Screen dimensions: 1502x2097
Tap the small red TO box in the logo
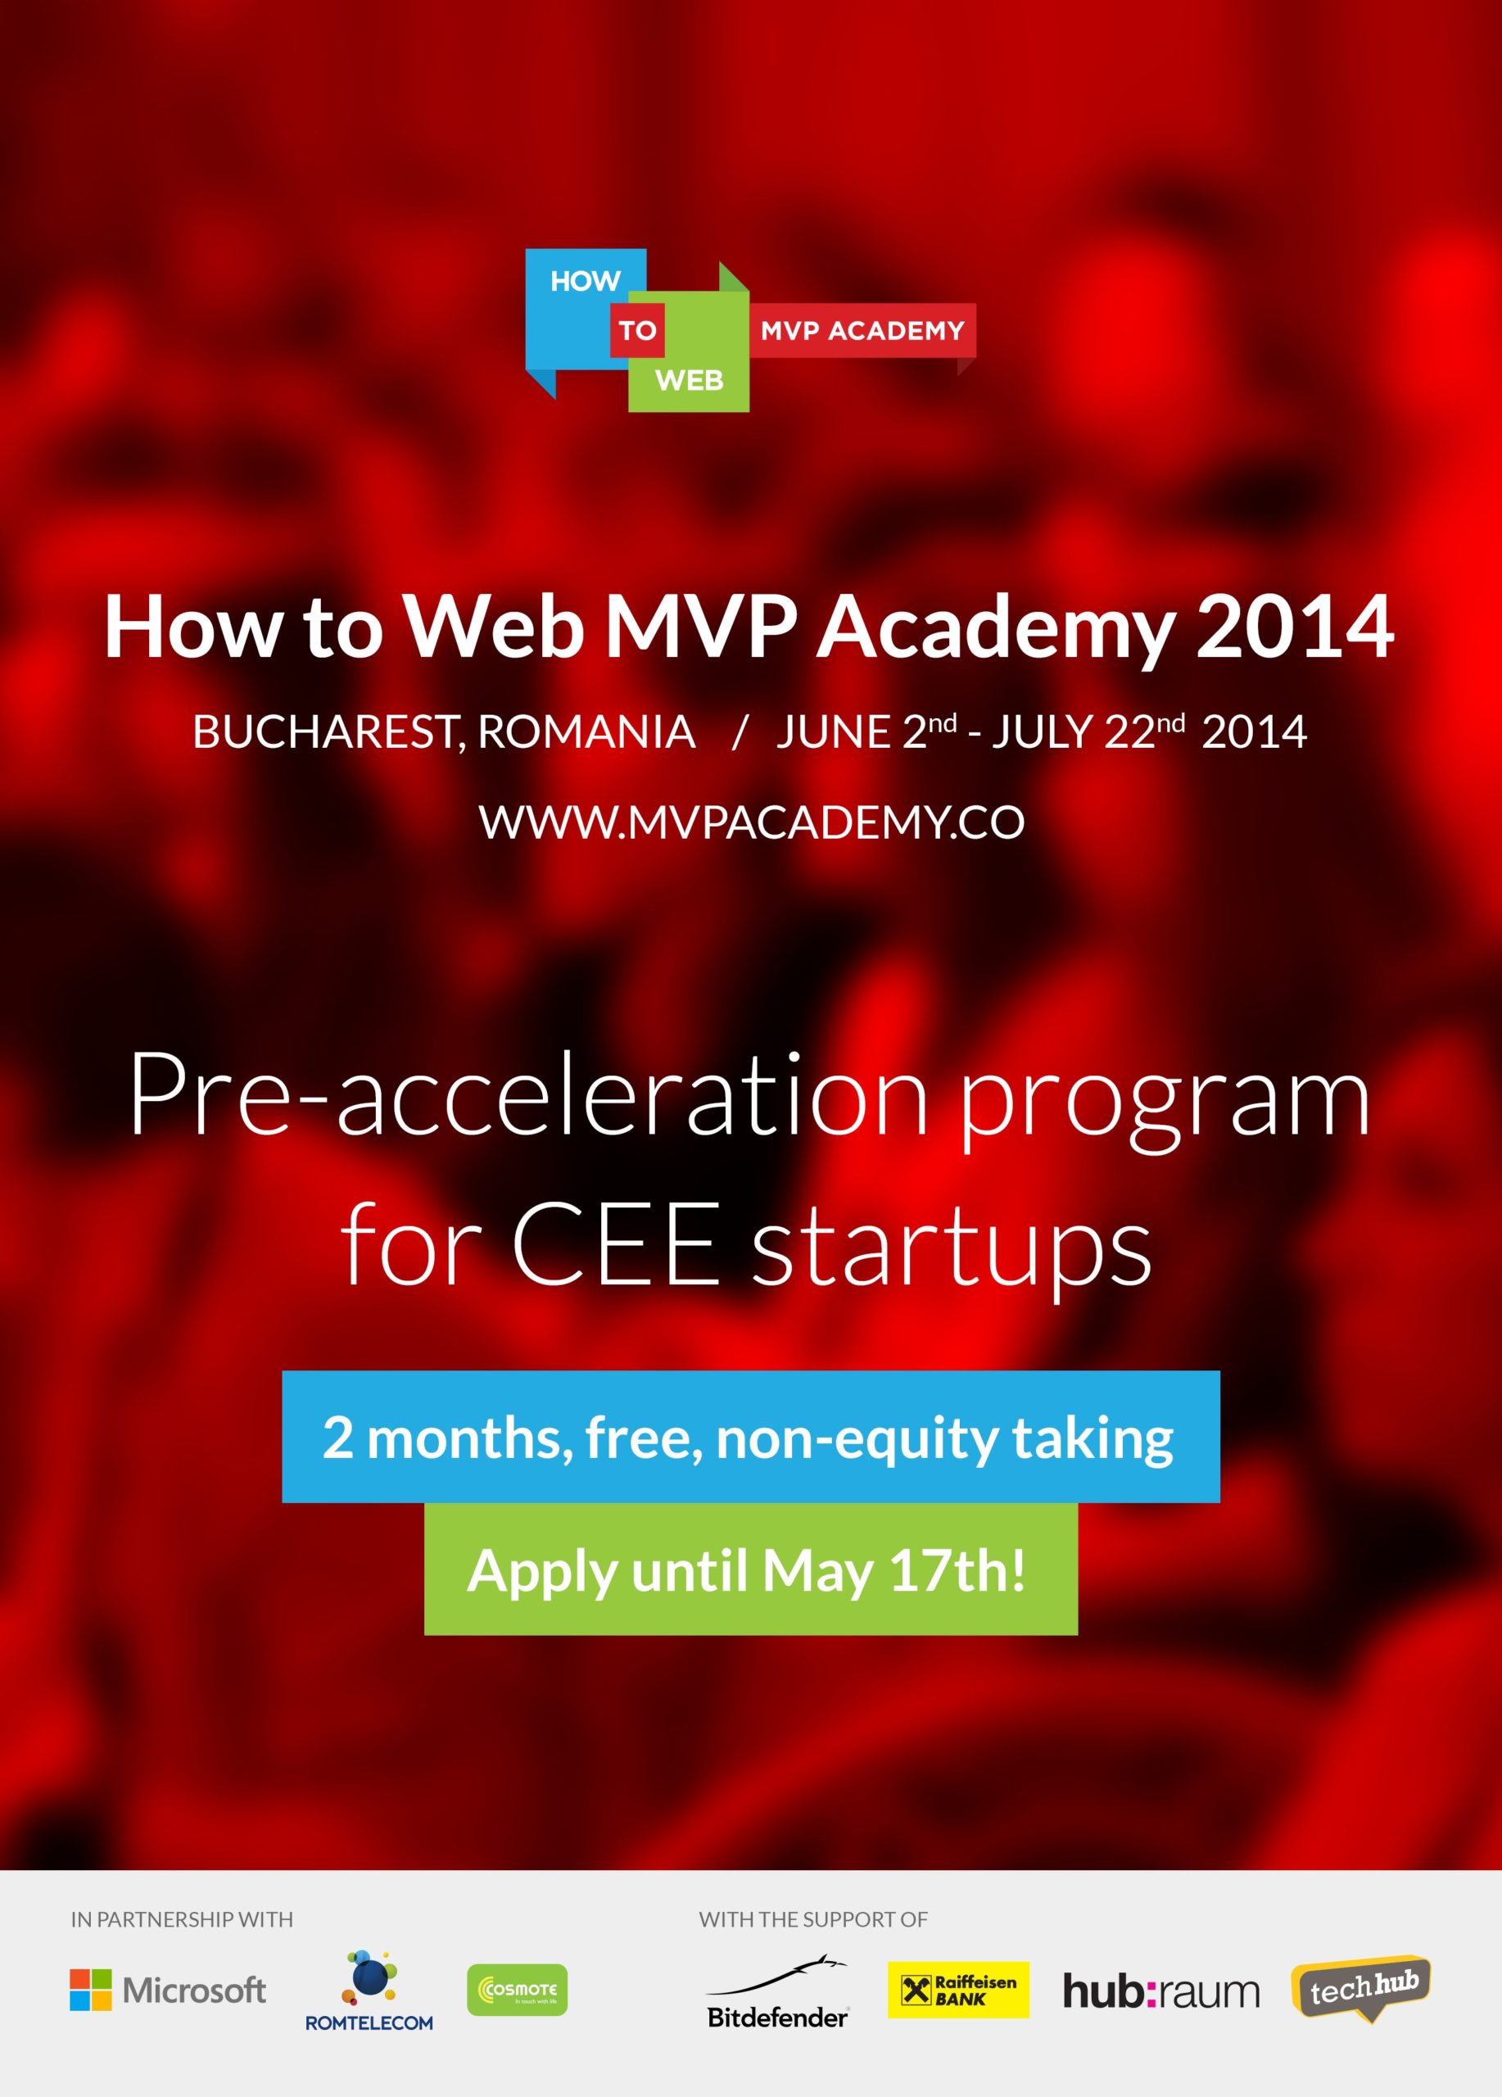[x=637, y=330]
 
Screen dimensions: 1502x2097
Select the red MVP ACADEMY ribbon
[x=862, y=330]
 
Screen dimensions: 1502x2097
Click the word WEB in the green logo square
[x=690, y=380]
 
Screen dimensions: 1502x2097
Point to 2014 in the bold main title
[x=1295, y=627]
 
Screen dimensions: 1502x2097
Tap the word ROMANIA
[x=587, y=732]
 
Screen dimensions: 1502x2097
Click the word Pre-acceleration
[x=527, y=1098]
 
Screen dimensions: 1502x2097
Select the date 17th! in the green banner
[x=957, y=1570]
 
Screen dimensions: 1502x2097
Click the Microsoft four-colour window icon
[x=91, y=1990]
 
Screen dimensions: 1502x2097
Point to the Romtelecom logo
[x=369, y=1991]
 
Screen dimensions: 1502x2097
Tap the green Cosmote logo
[x=518, y=1990]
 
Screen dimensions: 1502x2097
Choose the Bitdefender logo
[x=776, y=1992]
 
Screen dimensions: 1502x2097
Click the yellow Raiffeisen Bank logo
[x=957, y=1990]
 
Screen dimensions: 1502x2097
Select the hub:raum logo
[x=1161, y=1991]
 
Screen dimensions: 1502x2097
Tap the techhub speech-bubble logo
[x=1360, y=1988]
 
